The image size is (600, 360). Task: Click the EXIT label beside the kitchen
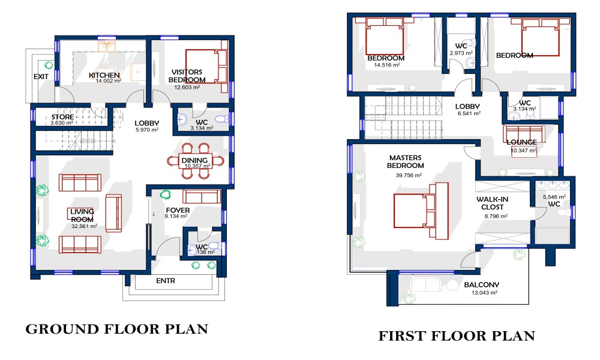coord(41,77)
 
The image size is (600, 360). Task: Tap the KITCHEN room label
coord(104,75)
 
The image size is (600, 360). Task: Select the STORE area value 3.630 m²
coord(62,123)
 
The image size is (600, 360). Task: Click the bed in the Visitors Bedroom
coord(206,66)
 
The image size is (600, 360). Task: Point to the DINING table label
coord(194,160)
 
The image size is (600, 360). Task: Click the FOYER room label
coord(178,211)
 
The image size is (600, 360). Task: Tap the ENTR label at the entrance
coord(166,281)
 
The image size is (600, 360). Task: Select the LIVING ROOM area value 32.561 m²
coord(84,226)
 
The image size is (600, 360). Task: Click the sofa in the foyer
coord(202,196)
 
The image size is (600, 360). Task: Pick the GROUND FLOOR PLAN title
coord(117,329)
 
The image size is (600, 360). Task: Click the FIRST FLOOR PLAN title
coord(457,336)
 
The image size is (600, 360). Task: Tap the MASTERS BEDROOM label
coord(405,161)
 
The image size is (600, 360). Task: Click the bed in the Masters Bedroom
coord(421,211)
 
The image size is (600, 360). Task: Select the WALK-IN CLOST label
coord(492,203)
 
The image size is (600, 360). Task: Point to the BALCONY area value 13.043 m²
coord(484,293)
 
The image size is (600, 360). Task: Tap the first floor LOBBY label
coord(467,106)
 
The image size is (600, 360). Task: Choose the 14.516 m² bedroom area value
coord(387,65)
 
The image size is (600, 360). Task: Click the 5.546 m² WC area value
coord(554,197)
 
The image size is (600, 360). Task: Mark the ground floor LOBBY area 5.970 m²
coord(147,130)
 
